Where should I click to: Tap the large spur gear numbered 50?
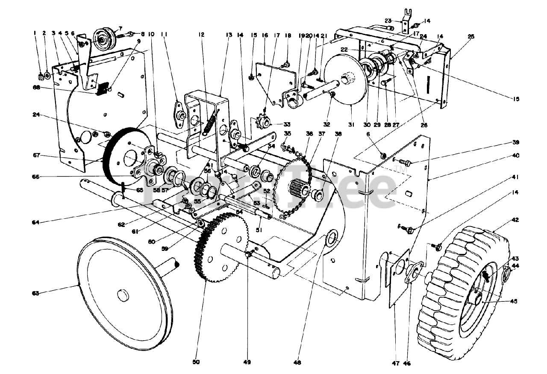pyautogui.click(x=220, y=248)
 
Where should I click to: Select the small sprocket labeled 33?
pyautogui.click(x=261, y=124)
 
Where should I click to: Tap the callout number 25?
pyautogui.click(x=471, y=36)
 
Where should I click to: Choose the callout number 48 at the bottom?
pyautogui.click(x=297, y=363)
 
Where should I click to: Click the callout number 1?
pyautogui.click(x=35, y=32)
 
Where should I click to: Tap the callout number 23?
pyautogui.click(x=388, y=20)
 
